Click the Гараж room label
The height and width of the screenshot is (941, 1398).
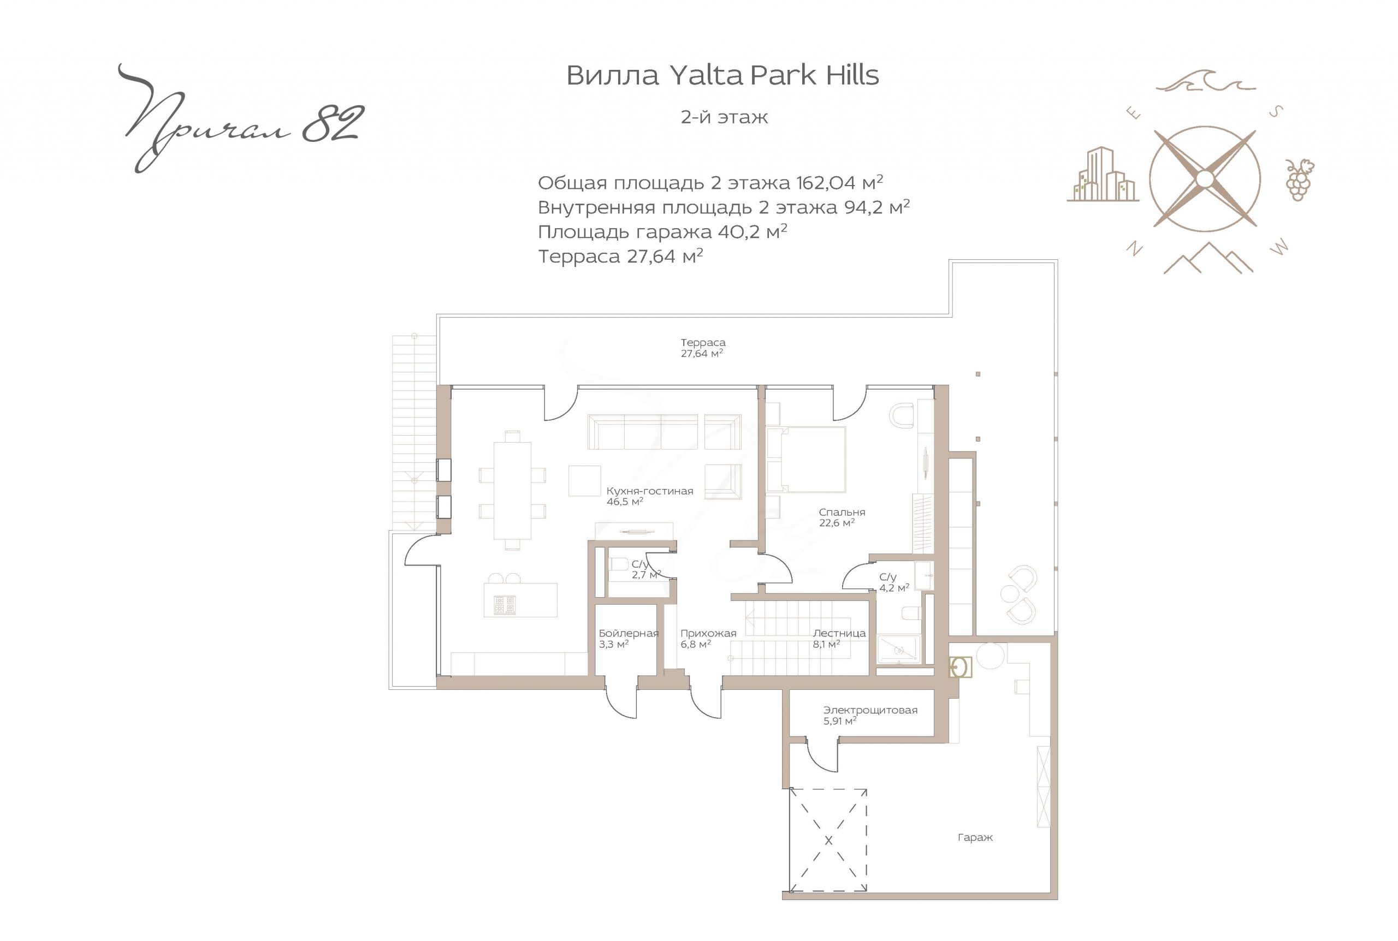975,837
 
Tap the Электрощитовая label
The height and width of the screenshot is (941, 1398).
870,710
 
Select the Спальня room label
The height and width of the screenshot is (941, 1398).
842,512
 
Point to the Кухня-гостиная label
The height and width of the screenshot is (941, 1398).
649,491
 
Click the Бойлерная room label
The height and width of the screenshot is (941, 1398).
629,633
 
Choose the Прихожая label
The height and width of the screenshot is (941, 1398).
708,633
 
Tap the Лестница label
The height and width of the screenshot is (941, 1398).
839,633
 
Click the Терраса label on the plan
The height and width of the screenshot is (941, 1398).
703,343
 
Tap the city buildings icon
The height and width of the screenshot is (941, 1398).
1103,174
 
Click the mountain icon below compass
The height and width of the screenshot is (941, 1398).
1209,258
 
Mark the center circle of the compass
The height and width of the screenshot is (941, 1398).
1205,179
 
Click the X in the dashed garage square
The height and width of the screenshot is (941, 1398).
828,840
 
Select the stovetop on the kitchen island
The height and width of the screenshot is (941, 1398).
505,605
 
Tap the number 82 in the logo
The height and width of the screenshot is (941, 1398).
333,125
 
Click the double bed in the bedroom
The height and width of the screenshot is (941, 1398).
806,460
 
